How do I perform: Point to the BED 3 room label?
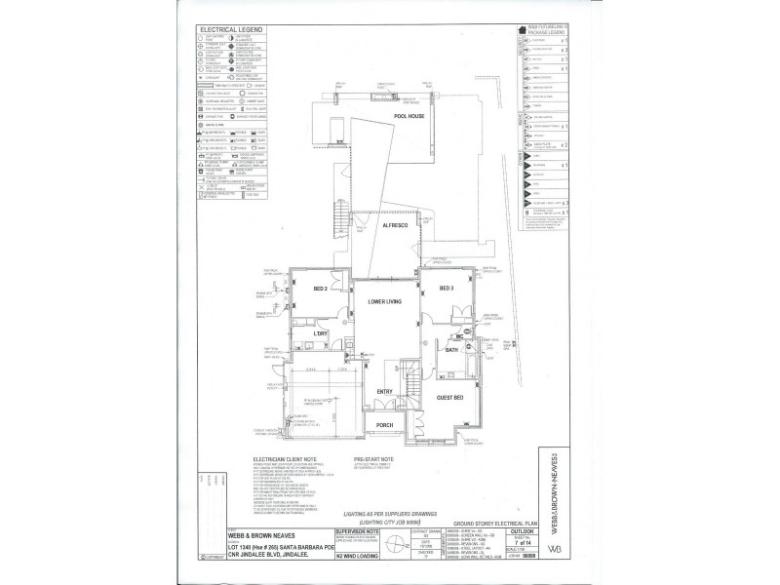447,290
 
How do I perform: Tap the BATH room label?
450,348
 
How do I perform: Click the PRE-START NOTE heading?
373,456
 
